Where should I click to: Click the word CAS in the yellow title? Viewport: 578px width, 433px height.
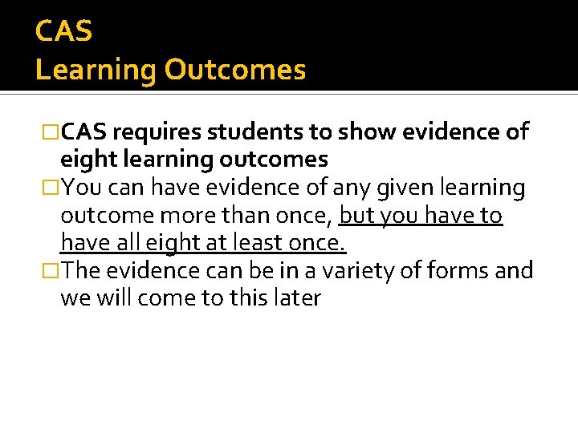coord(64,32)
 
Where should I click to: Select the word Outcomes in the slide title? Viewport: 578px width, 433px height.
coord(235,71)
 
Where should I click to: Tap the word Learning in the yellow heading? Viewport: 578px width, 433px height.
coord(96,71)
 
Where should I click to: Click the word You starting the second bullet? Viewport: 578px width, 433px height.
coord(79,188)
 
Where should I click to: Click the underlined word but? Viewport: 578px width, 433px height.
coord(357,216)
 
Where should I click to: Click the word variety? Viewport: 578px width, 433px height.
coord(352,271)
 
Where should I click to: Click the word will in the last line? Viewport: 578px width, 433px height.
coord(114,298)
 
